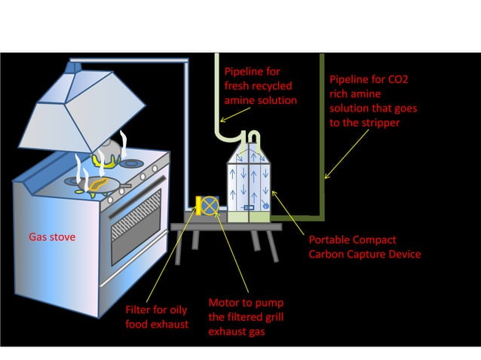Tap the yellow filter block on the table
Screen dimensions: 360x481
point(200,205)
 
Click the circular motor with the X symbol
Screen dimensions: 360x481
point(211,205)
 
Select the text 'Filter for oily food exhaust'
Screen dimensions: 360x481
point(158,317)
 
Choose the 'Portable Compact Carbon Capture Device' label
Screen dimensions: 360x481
point(364,247)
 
